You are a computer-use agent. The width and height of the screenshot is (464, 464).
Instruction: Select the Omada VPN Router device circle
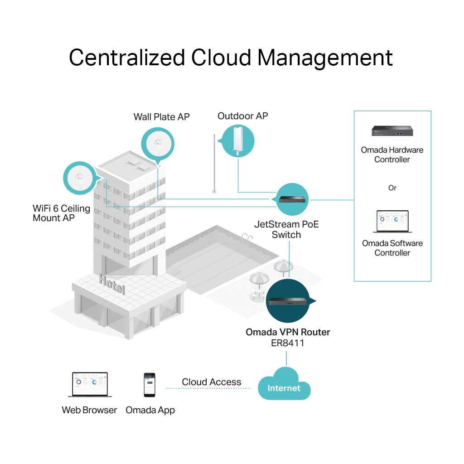click(288, 301)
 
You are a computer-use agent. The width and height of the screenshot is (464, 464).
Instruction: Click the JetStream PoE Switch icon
click(292, 199)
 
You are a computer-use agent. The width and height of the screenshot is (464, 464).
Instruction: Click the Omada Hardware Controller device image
click(392, 131)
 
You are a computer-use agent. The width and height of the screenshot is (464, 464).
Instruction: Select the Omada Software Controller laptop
click(392, 222)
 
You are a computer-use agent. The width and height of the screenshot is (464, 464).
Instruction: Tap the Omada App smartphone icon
click(149, 385)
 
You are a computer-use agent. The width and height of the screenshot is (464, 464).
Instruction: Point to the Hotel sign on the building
click(112, 284)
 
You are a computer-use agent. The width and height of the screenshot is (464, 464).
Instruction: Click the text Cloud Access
click(212, 382)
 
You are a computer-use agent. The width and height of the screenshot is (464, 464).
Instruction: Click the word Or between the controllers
click(392, 188)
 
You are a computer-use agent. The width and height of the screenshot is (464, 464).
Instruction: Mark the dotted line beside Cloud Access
click(208, 388)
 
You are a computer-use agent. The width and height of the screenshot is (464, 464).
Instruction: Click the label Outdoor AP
click(243, 116)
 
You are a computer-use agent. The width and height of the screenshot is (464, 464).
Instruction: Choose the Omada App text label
click(150, 410)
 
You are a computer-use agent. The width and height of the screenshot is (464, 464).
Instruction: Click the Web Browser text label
click(89, 410)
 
